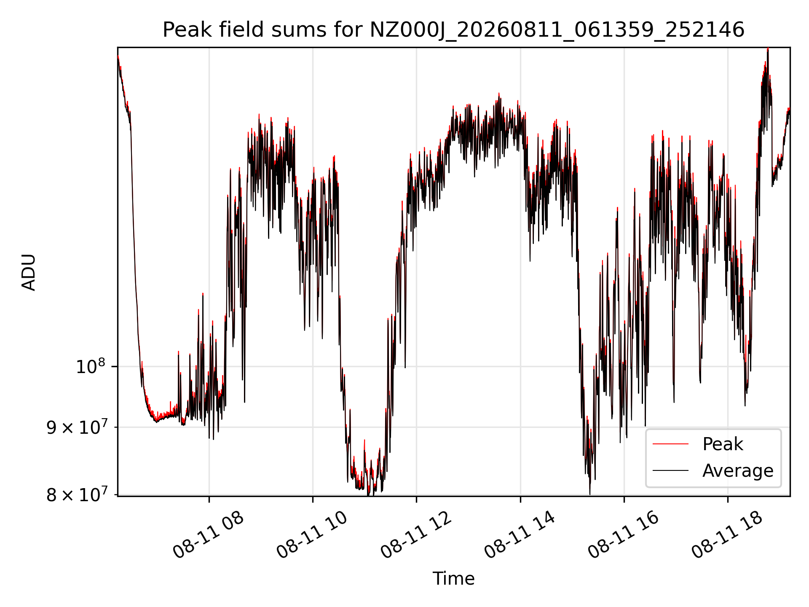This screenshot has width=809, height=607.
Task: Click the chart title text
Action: pyautogui.click(x=453, y=30)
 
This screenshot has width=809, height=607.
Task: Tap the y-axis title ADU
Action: pyautogui.click(x=29, y=272)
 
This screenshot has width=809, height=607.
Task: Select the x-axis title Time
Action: pyautogui.click(x=453, y=578)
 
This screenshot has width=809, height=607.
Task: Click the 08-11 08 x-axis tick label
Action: pyautogui.click(x=208, y=535)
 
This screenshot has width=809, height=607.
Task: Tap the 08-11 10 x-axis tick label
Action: pyautogui.click(x=312, y=535)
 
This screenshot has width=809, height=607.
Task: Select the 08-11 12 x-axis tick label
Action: pyautogui.click(x=416, y=535)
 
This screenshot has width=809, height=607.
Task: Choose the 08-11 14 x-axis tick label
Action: pyautogui.click(x=520, y=535)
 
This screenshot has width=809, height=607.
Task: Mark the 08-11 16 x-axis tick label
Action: pyautogui.click(x=623, y=535)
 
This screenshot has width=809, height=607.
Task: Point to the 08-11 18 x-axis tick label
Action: pyautogui.click(x=727, y=535)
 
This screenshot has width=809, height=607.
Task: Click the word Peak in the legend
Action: pyautogui.click(x=723, y=444)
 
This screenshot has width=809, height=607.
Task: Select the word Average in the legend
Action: pyautogui.click(x=738, y=470)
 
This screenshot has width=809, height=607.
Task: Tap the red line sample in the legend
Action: pyautogui.click(x=670, y=444)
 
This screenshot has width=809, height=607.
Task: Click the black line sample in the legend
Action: pyautogui.click(x=670, y=470)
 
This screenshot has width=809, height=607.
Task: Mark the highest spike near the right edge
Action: pyautogui.click(x=768, y=49)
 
